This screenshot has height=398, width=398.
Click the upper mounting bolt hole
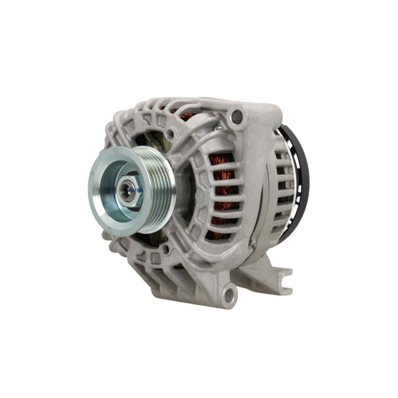[x=237, y=116]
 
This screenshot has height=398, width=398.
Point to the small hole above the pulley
[x=170, y=134]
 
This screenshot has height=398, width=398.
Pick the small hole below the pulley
[x=165, y=250]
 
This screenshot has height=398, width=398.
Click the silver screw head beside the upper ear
[x=218, y=128]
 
